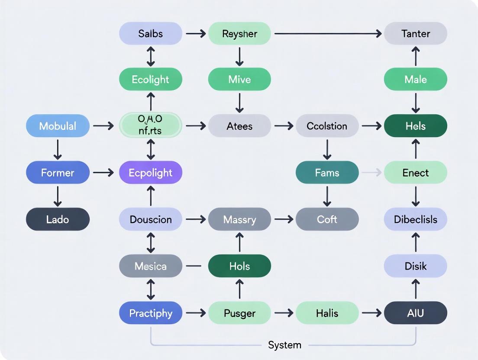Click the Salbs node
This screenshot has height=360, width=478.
coord(151,33)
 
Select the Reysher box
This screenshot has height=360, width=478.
coord(239,33)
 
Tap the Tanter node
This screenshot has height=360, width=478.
coord(416,33)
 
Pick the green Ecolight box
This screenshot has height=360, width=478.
coord(151,80)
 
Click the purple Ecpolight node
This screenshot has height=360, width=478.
coord(151,173)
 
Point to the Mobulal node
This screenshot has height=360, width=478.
coord(58,126)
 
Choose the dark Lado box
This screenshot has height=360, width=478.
coord(58,219)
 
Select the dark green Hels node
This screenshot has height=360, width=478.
coord(416,126)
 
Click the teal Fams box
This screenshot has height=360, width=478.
coord(327,173)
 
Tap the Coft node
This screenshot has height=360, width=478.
coord(327,219)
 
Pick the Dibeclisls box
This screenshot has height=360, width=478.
coord(416,219)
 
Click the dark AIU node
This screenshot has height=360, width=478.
coord(416,313)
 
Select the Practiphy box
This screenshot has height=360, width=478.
coord(151,313)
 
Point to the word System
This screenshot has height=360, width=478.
coord(284,345)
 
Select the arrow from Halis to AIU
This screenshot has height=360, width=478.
coord(371,313)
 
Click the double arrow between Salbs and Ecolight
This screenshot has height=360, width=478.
coord(151,57)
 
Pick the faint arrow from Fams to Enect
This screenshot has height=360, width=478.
coord(371,173)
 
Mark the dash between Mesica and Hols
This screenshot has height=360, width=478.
coord(195,266)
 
